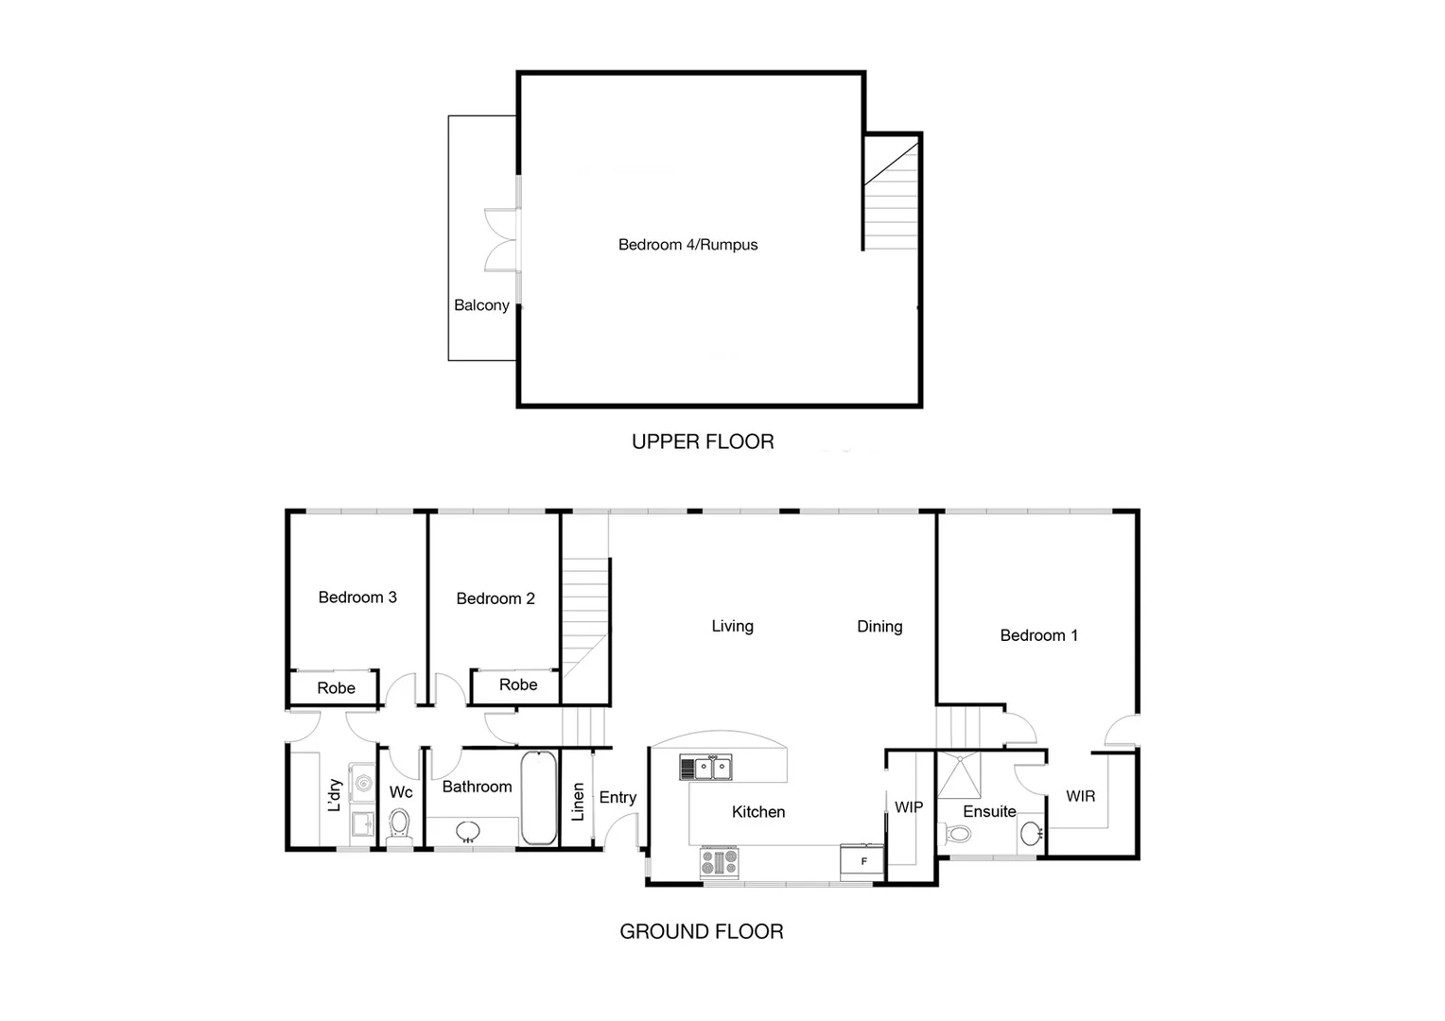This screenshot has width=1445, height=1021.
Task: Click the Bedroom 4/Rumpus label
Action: click(x=688, y=245)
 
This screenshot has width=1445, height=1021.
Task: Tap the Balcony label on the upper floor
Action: click(x=481, y=305)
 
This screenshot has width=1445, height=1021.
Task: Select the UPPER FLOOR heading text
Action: click(x=703, y=441)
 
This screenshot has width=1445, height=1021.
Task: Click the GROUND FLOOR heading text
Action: click(x=701, y=931)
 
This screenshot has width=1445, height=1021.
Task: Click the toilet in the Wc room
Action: click(x=400, y=824)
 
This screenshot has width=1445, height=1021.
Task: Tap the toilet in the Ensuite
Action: click(x=958, y=835)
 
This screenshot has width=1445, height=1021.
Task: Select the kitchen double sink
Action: click(x=705, y=768)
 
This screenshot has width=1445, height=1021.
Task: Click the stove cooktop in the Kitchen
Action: click(x=719, y=862)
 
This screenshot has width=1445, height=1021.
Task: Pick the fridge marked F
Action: click(x=862, y=861)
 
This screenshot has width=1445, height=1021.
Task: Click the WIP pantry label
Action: click(x=908, y=807)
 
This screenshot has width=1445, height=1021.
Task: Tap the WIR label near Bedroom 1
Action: click(x=1080, y=797)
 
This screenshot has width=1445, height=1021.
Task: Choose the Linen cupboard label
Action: click(x=578, y=801)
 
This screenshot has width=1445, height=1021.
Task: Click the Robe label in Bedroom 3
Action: click(x=336, y=688)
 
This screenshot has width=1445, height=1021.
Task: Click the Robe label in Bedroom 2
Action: click(x=517, y=684)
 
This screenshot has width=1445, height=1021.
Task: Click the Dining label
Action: click(x=879, y=627)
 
